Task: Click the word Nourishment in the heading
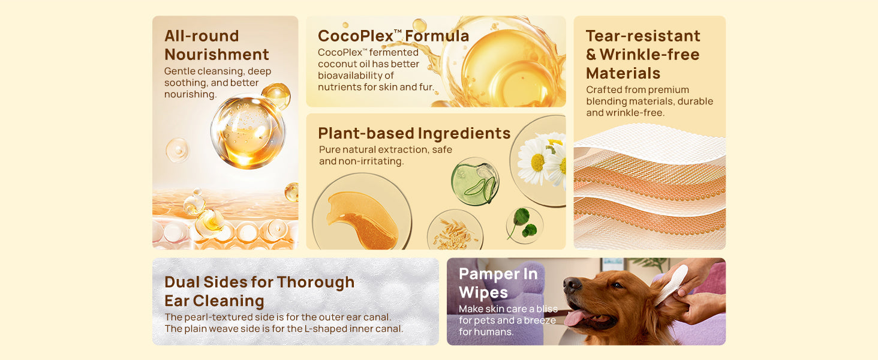(x=217, y=55)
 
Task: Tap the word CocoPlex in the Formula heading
(x=356, y=36)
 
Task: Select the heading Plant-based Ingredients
(x=414, y=133)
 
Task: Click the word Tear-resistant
(x=643, y=35)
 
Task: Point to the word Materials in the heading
(x=623, y=73)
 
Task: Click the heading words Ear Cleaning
(x=214, y=301)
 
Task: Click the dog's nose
(x=572, y=285)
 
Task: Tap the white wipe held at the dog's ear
(x=673, y=284)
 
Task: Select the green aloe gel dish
(x=475, y=181)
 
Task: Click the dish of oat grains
(x=455, y=230)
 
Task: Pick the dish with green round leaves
(x=524, y=226)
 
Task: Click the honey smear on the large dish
(x=362, y=220)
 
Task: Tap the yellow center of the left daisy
(x=537, y=163)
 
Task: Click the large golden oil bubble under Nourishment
(x=248, y=131)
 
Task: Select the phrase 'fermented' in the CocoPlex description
(x=394, y=53)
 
